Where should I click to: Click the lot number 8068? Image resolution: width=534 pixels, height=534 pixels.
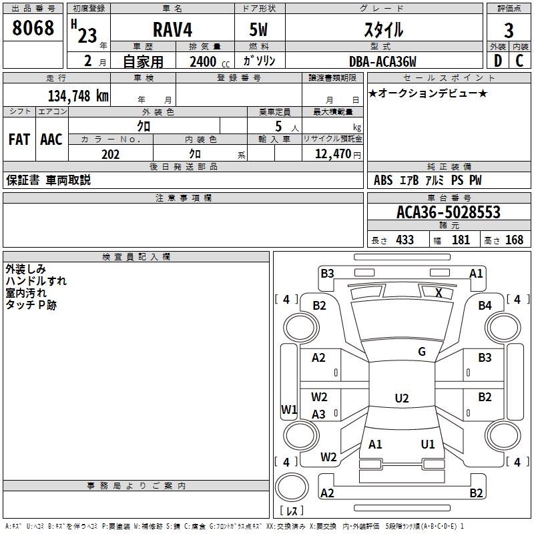point(33,28)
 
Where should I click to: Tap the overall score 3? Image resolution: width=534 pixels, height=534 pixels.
point(509,31)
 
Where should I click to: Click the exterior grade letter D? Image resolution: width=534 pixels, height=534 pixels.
point(497,61)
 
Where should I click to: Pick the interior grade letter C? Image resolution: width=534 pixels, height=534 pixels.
point(519,61)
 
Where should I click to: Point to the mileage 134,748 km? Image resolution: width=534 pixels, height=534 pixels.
point(78,96)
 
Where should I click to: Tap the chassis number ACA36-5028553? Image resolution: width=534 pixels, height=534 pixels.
point(449,212)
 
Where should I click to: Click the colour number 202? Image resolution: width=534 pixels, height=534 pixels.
point(110,154)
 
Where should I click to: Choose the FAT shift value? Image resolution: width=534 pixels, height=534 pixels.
point(19,140)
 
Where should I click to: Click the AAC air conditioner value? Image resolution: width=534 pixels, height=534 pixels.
point(51,140)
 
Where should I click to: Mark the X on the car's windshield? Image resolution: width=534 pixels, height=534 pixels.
point(439,293)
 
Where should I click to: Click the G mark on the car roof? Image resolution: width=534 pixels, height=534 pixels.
point(422,352)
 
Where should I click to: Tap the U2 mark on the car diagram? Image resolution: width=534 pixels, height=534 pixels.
point(401,398)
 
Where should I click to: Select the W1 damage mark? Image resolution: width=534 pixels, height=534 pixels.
point(288,410)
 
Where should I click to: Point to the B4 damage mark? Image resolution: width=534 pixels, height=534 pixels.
point(485,306)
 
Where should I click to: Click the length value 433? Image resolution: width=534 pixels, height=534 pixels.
point(405,240)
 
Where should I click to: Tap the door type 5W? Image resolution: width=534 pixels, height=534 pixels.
point(259,31)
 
